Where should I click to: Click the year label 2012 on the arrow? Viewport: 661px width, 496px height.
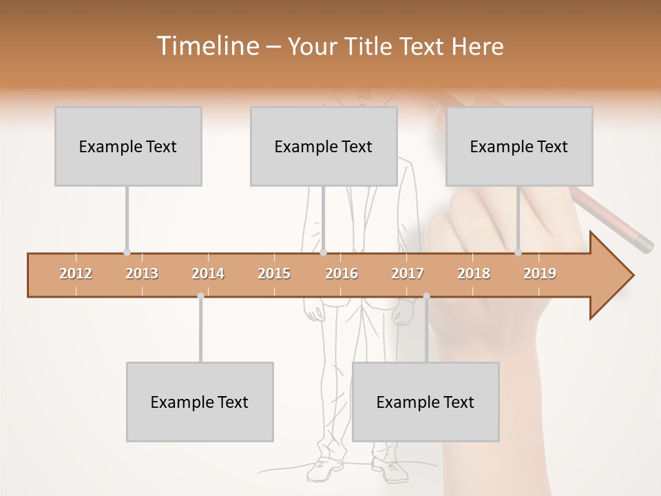click(76, 273)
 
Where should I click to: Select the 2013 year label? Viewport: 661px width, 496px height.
click(142, 273)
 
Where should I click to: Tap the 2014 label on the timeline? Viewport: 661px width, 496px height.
click(208, 273)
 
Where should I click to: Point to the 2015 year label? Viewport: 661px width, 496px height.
click(274, 273)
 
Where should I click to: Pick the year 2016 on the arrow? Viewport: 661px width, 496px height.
click(342, 273)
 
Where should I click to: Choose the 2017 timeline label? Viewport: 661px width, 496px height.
click(408, 273)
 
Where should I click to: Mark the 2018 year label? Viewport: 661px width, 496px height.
click(474, 273)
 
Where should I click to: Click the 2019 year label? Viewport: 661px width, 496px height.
click(540, 273)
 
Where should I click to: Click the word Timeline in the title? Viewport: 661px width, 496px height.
click(207, 46)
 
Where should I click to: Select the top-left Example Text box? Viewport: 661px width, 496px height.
click(128, 146)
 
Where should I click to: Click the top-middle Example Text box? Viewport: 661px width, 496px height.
click(324, 146)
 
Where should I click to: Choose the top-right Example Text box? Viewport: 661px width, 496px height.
click(519, 146)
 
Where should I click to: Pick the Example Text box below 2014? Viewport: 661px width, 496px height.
click(200, 402)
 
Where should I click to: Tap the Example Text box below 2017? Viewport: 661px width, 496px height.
click(426, 402)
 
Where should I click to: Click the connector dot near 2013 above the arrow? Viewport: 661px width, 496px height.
click(127, 253)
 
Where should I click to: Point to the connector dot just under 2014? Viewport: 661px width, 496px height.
click(200, 296)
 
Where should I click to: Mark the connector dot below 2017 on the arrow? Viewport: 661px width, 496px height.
click(426, 296)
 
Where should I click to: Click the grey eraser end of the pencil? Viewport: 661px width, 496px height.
click(644, 244)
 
